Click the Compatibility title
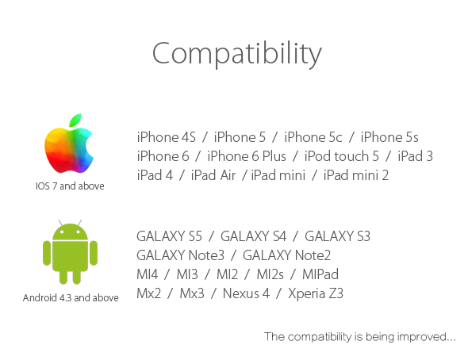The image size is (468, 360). (x=237, y=54)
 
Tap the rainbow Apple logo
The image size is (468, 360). (x=69, y=144)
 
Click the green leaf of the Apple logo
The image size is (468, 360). (x=75, y=120)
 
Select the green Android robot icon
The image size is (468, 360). (x=70, y=252)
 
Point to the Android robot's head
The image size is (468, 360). (x=70, y=232)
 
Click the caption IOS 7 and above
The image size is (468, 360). (x=70, y=186)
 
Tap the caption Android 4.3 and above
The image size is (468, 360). (x=71, y=297)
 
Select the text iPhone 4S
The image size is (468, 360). (x=167, y=137)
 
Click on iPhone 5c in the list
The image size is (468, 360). (x=313, y=137)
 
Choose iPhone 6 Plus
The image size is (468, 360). (x=247, y=156)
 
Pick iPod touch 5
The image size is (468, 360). (x=341, y=156)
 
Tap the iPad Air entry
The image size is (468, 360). (x=213, y=175)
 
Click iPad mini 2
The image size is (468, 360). (x=356, y=175)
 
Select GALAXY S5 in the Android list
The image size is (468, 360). (x=169, y=236)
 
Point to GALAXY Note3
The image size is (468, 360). (x=180, y=255)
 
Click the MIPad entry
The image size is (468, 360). (x=320, y=274)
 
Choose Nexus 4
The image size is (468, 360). (x=246, y=293)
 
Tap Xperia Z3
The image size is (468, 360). (x=316, y=293)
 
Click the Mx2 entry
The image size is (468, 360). (x=148, y=293)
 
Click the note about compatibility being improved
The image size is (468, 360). (x=360, y=337)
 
